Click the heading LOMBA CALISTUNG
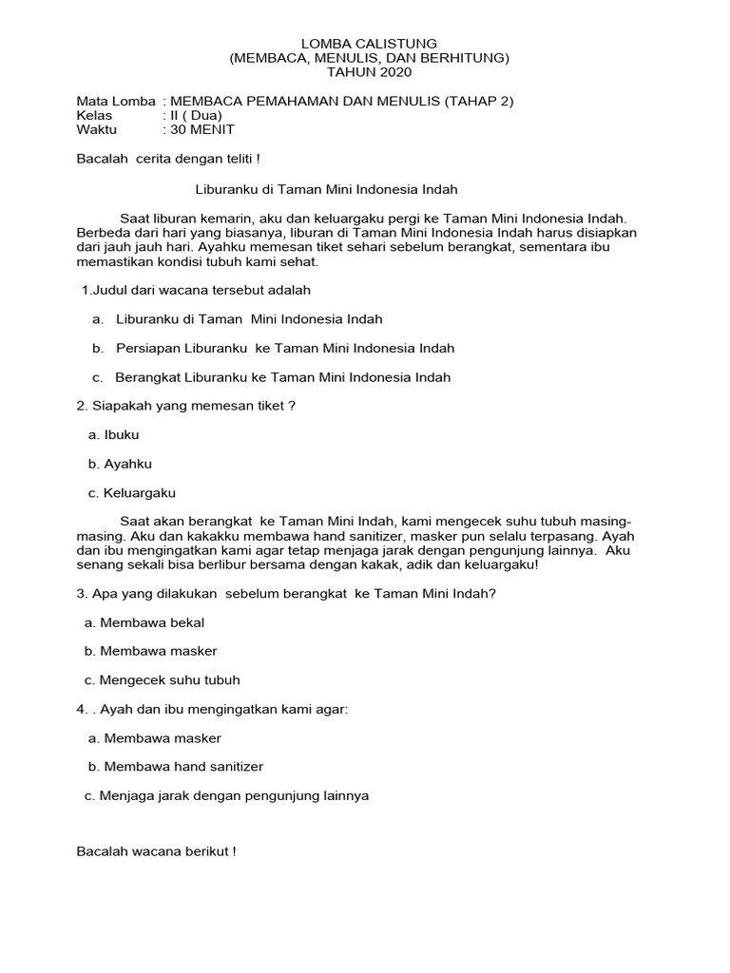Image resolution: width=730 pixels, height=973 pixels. [369, 44]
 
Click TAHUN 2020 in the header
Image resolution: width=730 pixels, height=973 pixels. [369, 72]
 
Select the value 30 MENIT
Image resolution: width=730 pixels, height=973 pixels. [202, 130]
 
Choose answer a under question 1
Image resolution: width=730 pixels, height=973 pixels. [248, 319]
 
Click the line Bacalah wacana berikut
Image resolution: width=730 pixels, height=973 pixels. [156, 852]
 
